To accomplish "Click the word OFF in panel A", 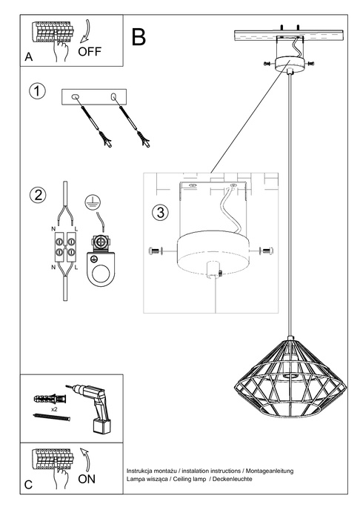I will pos(90,51).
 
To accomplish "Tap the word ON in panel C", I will pos(86,480).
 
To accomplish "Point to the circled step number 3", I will pos(160,211).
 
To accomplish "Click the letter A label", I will pos(28,56).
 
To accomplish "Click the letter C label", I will pos(28,485).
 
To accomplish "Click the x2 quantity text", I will pos(54,408).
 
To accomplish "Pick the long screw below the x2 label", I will pos(51,419).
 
